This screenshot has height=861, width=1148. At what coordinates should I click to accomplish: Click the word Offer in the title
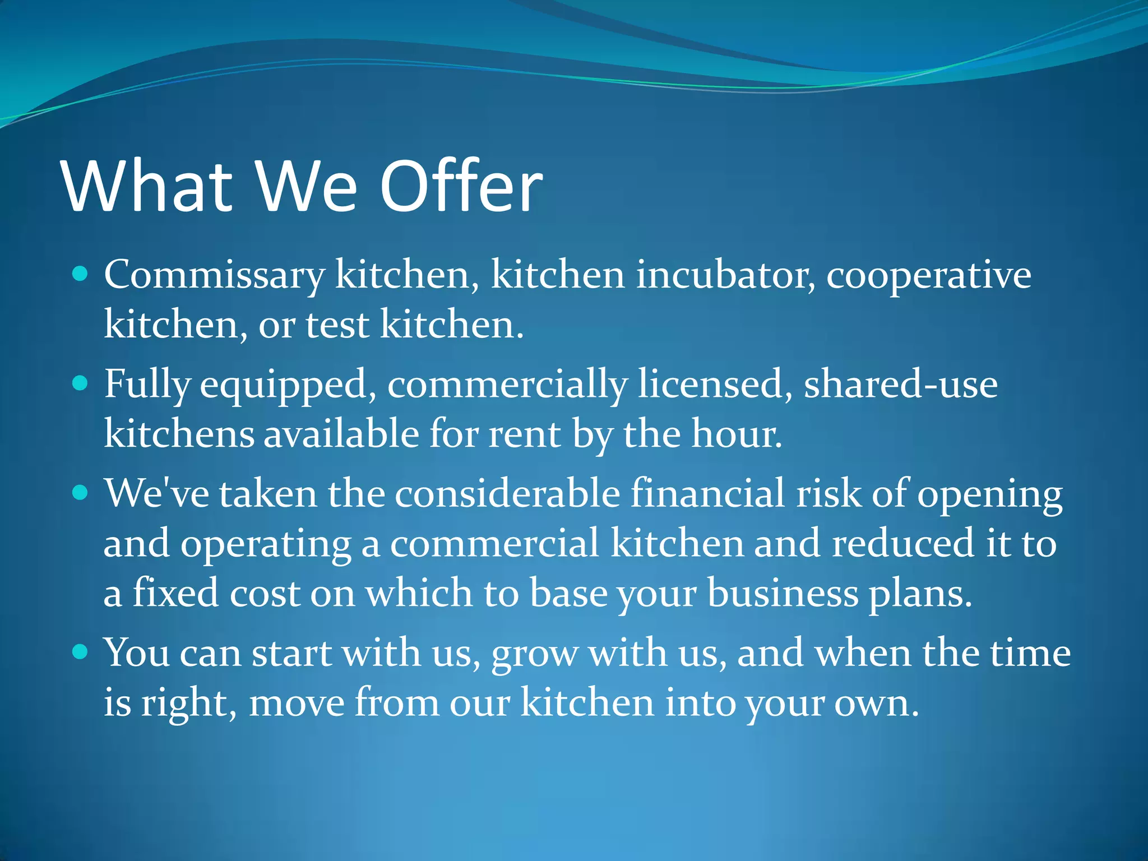point(461,186)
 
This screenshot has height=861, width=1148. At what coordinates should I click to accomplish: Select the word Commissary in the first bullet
point(214,276)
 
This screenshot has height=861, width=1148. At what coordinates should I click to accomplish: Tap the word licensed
point(715,385)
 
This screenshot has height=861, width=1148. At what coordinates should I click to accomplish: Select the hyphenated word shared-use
point(901,385)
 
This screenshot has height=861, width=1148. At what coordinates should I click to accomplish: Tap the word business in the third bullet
point(783,593)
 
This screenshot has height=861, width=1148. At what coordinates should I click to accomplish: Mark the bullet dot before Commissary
point(81,274)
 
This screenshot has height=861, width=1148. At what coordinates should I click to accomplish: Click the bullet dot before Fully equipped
point(81,383)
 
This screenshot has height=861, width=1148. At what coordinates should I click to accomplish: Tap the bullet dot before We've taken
point(81,493)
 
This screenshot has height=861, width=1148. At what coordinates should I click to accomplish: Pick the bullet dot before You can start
point(81,652)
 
